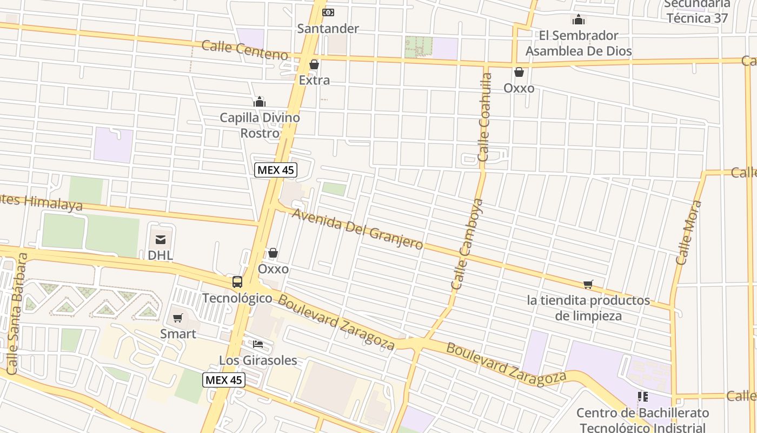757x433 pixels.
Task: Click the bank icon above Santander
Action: pyautogui.click(x=328, y=12)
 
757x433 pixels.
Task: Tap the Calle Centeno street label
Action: pyautogui.click(x=244, y=50)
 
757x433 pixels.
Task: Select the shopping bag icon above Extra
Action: pyautogui.click(x=314, y=65)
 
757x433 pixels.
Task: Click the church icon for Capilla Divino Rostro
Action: pyautogui.click(x=260, y=102)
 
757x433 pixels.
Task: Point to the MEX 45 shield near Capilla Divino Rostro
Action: pyautogui.click(x=276, y=170)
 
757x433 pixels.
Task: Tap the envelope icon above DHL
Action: pyautogui.click(x=161, y=239)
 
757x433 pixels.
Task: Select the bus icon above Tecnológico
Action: pyautogui.click(x=237, y=281)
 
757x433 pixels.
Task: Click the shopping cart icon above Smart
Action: pyautogui.click(x=178, y=318)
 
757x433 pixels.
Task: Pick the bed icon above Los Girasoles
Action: pyautogui.click(x=258, y=344)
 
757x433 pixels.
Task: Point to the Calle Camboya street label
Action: pyautogui.click(x=467, y=245)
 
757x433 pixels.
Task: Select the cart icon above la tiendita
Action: pyautogui.click(x=588, y=284)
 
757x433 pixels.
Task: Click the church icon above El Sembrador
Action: pyautogui.click(x=579, y=20)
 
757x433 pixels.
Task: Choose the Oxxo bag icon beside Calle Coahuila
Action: pyautogui.click(x=519, y=72)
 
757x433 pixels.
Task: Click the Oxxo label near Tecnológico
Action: pyautogui.click(x=273, y=269)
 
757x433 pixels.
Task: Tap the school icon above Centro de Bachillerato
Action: pyautogui.click(x=642, y=397)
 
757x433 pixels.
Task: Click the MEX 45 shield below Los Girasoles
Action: pyautogui.click(x=224, y=380)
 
